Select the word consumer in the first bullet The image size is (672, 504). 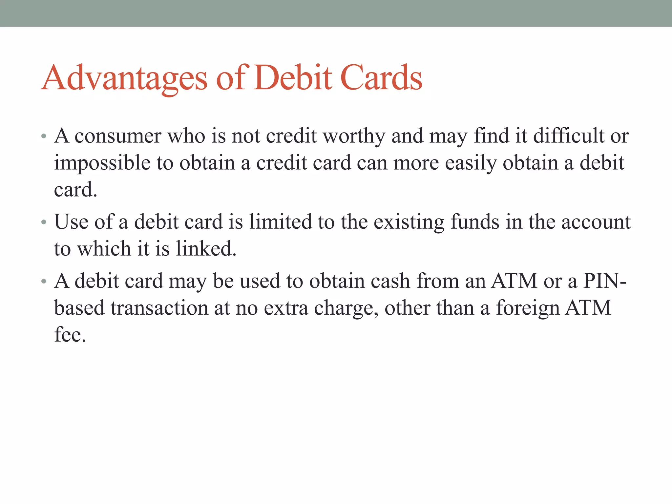pyautogui.click(x=118, y=136)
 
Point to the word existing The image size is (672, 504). pyautogui.click(x=409, y=222)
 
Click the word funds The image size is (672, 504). pyautogui.click(x=475, y=222)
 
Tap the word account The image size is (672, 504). pyautogui.click(x=596, y=222)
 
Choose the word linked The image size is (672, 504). pyautogui.click(x=206, y=249)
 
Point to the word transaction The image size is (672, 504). pyautogui.click(x=159, y=308)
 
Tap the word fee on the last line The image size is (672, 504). pyautogui.click(x=70, y=335)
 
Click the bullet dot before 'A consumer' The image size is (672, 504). pyautogui.click(x=44, y=136)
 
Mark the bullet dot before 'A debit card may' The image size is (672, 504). pyautogui.click(x=44, y=282)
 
